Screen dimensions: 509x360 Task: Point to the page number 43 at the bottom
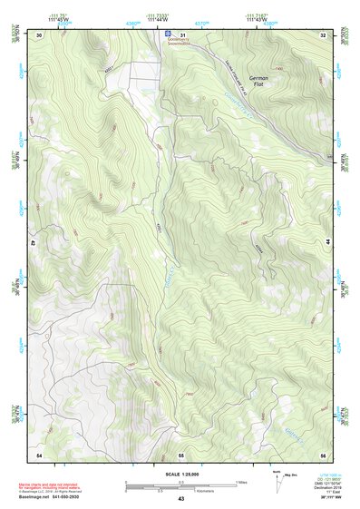tap(180, 499)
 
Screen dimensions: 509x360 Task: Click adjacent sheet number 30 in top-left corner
tap(40, 34)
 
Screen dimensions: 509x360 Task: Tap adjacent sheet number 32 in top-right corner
tap(323, 34)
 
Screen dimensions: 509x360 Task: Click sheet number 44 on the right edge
tap(326, 242)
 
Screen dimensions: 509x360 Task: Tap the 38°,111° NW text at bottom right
tap(314, 497)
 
